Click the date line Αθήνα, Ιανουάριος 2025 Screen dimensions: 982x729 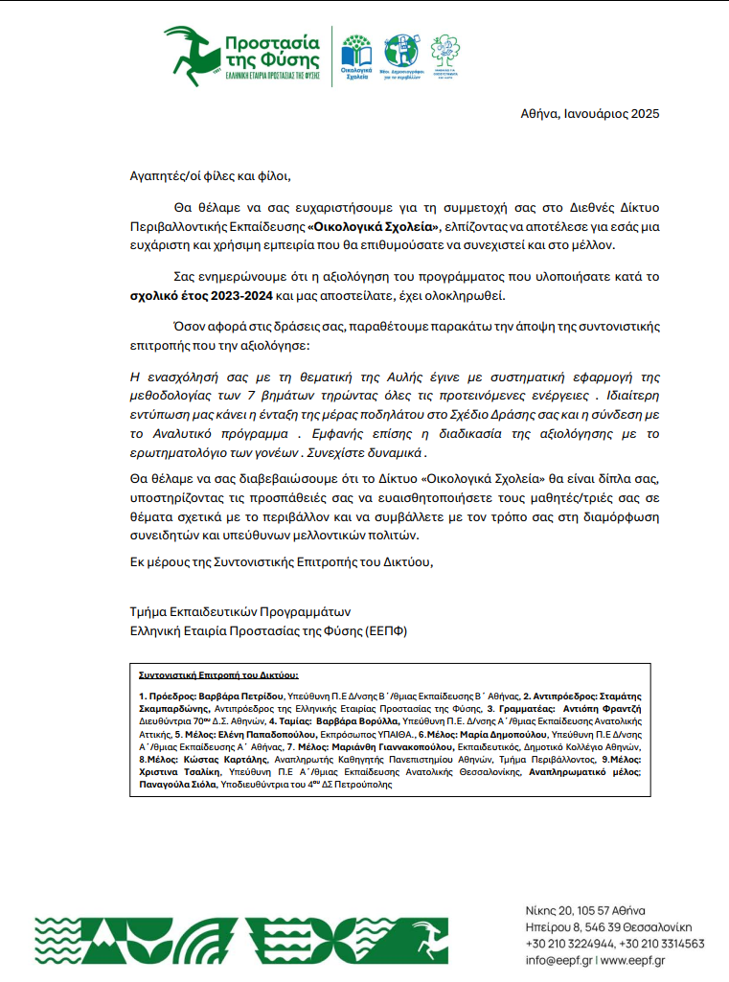pos(590,114)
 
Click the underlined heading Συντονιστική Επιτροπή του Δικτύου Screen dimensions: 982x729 pos(218,674)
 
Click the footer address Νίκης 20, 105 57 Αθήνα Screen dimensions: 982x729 pos(585,909)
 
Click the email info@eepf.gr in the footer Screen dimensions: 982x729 pos(558,960)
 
